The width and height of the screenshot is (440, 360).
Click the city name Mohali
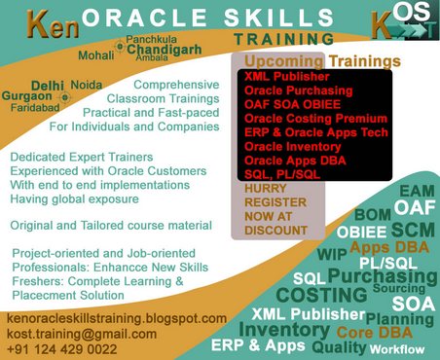pos(94,55)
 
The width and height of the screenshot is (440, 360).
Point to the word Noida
pos(87,86)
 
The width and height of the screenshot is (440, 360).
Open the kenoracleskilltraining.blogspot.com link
pos(117,318)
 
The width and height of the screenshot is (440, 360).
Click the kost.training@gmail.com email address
pos(81,333)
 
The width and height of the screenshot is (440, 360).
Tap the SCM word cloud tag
pos(412,229)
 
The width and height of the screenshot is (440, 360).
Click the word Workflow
pos(397,349)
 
